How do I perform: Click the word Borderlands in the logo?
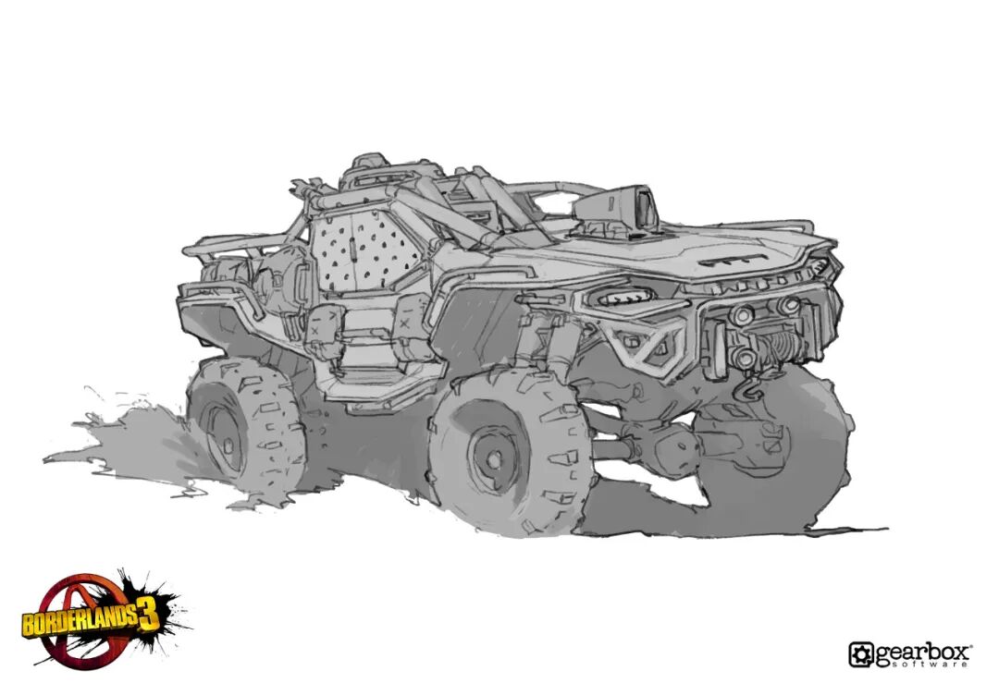80,621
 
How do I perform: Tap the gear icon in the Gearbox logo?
862,654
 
